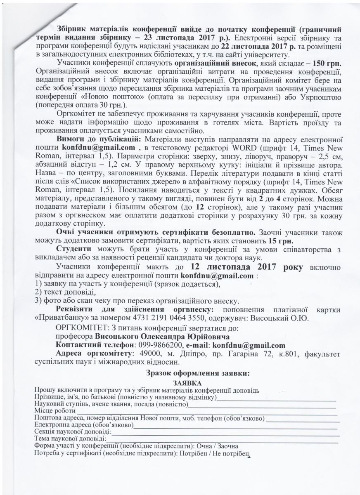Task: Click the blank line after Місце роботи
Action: tap(206, 411)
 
